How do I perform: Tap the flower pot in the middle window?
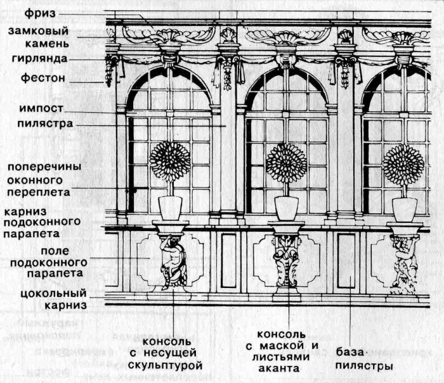click(x=287, y=208)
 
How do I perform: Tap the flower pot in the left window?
click(x=170, y=208)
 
